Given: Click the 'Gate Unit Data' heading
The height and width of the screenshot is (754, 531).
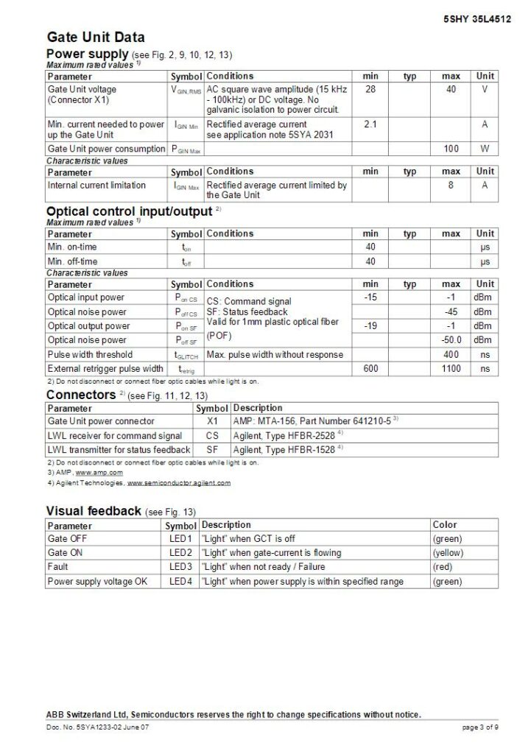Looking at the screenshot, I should coord(96,37).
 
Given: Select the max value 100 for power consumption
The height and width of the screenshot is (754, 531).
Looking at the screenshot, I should coord(451,149).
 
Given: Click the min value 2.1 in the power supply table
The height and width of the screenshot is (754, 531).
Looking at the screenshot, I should coord(370,124).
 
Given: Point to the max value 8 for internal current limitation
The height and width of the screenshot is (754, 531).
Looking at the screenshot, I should coord(451,186).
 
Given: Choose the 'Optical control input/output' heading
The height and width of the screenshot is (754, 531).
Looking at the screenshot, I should coord(129,212).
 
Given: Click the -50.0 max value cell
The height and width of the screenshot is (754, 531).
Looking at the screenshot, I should coord(451,340).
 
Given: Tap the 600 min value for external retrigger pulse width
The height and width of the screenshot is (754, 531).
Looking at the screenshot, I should coord(370,368).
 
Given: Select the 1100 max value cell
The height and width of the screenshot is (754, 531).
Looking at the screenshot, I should coord(451,368).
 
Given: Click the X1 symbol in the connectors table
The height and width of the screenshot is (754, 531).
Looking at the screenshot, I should coord(213,421).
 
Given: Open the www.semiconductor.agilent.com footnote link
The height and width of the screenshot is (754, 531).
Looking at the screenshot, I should coord(179,483).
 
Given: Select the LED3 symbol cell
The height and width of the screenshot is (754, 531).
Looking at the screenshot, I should coord(180,567).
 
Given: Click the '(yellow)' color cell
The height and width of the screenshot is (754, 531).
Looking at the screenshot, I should coord(448,553).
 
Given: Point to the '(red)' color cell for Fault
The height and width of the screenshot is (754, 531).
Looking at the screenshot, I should coord(443,567).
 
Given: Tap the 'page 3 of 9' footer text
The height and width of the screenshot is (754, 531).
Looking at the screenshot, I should coord(480,728).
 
